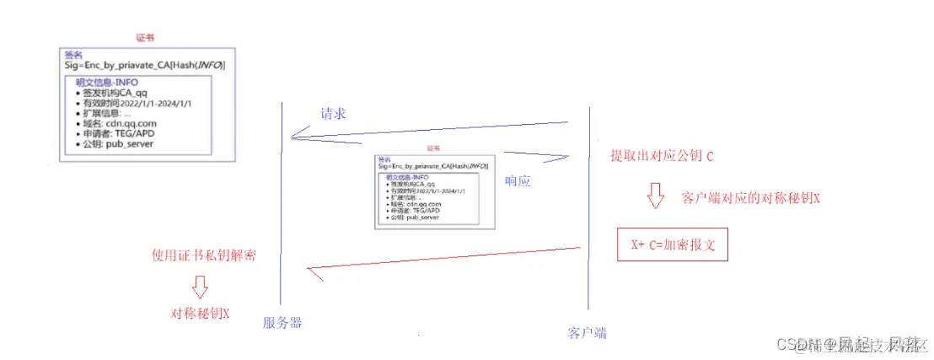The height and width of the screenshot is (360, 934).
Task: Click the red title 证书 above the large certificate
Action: click(145, 38)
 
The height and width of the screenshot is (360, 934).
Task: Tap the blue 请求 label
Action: click(333, 114)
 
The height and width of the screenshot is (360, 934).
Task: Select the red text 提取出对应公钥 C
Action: click(662, 157)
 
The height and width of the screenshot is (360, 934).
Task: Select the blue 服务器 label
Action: click(282, 323)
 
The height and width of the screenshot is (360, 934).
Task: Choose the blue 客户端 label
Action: click(588, 331)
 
